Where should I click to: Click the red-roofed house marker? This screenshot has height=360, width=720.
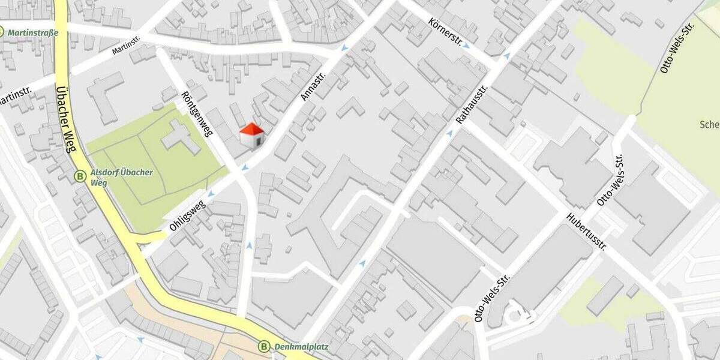pos(252,135)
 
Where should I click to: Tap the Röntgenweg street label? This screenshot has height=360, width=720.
pos(197,114)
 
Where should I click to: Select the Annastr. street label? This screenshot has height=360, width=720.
pos(312,87)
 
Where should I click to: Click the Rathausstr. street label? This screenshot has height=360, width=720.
pos(473,104)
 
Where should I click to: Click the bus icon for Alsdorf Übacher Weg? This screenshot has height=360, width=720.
pos(80,176)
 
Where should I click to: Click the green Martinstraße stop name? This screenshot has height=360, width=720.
pos(33,32)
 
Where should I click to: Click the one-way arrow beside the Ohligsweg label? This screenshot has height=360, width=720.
pos(211,194)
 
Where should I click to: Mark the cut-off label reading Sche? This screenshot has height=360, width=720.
pos(709,125)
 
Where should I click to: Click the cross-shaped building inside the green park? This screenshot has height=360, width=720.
pos(180,135)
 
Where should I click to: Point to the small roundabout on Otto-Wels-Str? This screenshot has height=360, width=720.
pos(515,314)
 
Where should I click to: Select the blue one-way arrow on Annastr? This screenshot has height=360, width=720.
pos(344,48)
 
